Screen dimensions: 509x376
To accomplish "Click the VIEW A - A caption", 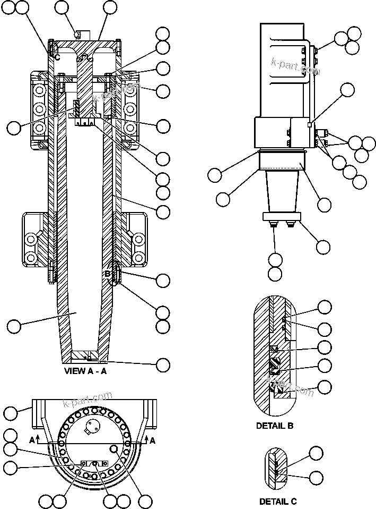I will (85, 371).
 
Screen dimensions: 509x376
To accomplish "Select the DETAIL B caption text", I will (275, 426).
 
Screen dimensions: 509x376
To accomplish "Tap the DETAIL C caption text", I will (278, 501).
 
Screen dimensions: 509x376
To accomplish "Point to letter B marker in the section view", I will (107, 274).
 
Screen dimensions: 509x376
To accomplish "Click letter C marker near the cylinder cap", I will (57, 56).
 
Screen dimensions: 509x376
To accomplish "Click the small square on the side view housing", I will (309, 125).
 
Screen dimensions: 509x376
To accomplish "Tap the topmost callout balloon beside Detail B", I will (325, 307).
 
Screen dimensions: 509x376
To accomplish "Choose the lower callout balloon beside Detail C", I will (316, 477).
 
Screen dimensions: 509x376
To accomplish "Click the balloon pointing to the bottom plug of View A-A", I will (163, 364).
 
